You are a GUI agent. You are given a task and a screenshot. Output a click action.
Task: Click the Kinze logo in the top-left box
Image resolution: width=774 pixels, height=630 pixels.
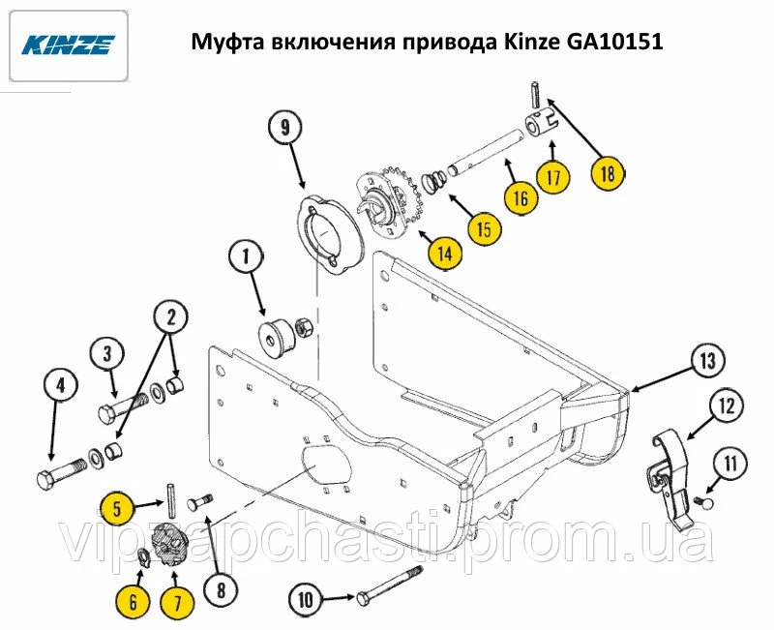coord(69,45)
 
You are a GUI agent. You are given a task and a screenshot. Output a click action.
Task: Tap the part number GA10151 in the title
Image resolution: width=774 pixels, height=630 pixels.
coord(614,42)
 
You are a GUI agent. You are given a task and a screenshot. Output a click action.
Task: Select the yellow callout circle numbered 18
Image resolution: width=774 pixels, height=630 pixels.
coord(608,173)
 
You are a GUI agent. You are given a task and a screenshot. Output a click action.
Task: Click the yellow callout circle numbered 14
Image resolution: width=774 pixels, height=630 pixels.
coord(445,254)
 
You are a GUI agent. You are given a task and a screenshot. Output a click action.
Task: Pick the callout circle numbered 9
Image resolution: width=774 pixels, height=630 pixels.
coord(285,129)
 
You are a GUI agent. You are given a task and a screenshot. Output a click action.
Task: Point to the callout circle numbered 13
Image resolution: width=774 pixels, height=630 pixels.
coord(707,361)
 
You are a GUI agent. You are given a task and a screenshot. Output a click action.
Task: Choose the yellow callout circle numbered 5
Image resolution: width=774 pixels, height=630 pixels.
coord(117,508)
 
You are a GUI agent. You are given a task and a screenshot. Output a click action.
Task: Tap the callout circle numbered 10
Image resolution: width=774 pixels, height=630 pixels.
coord(306,599)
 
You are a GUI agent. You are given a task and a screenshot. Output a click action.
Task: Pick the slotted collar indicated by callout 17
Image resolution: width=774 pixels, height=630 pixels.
coord(541,124)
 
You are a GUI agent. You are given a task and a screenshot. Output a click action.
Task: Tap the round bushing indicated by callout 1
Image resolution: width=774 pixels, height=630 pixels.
coord(277,337)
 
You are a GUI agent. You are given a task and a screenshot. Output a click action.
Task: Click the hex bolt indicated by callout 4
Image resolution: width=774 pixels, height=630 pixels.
coord(62,472)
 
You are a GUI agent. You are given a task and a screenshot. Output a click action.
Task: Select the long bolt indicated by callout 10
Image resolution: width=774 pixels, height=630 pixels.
coord(389,584)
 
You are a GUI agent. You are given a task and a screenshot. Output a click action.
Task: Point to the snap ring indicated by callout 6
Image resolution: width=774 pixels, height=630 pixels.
coord(143,556)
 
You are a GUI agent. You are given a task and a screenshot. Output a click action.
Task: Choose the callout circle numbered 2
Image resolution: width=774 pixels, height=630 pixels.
coord(171,316)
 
